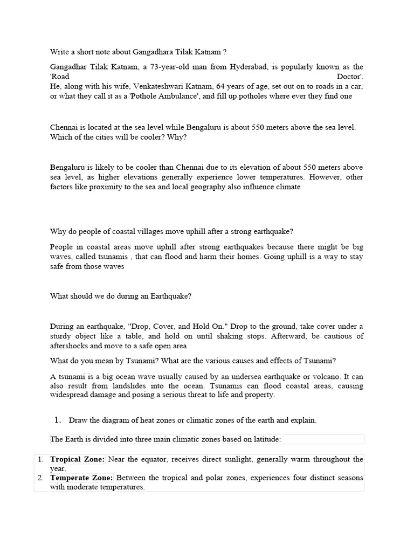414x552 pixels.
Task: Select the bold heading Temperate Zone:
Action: tap(81, 478)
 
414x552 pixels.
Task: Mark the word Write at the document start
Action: tap(60, 52)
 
